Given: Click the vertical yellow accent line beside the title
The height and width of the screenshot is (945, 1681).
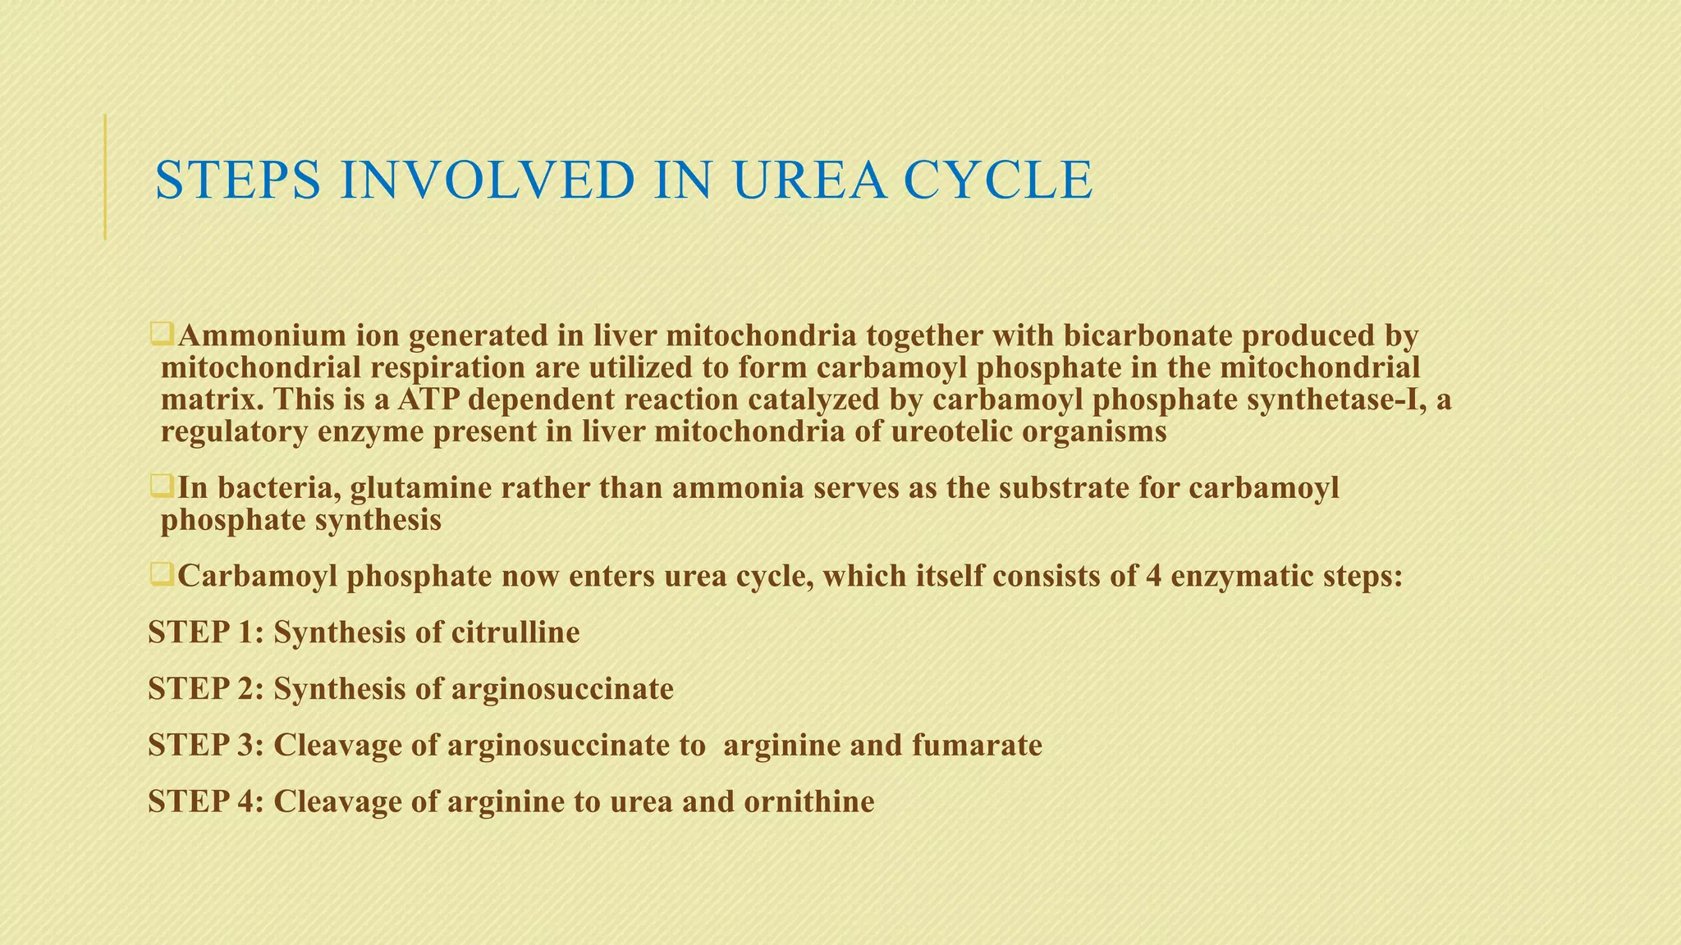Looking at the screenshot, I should [105, 176].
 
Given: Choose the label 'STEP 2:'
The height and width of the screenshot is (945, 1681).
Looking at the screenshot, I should [206, 689].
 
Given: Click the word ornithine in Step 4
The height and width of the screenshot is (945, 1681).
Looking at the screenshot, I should [809, 801].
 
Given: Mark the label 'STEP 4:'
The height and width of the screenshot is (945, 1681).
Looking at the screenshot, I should [206, 801].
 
